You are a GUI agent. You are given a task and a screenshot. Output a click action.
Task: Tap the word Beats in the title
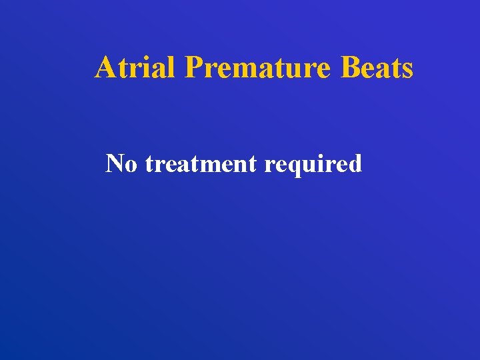377,67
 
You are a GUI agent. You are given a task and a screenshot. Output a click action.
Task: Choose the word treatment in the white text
201,163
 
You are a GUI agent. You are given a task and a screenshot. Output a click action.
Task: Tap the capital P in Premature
195,67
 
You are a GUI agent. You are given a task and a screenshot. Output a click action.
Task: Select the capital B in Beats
350,67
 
